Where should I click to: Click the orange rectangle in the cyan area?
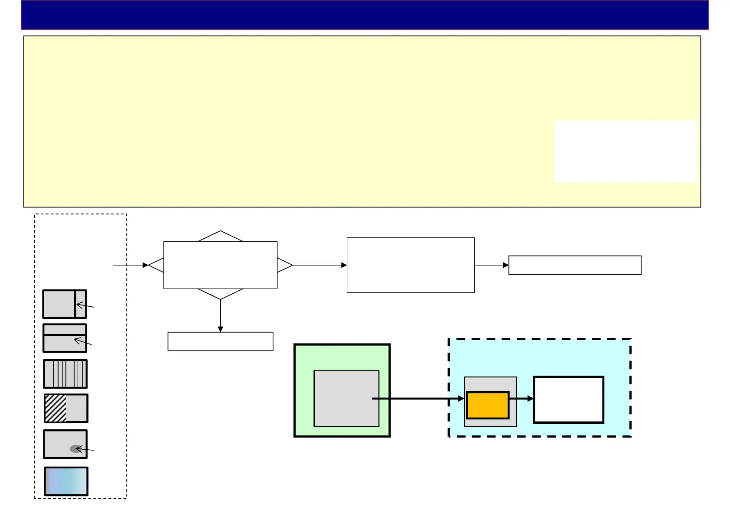[x=488, y=405]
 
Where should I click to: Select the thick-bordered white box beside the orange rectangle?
[x=568, y=399]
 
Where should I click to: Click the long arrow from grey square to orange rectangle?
[x=418, y=398]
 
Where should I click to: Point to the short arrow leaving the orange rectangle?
[x=521, y=398]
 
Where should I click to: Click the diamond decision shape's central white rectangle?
[x=220, y=265]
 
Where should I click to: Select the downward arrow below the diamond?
[x=220, y=316]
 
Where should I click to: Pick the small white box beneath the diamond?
[x=220, y=341]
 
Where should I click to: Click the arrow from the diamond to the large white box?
[x=320, y=265]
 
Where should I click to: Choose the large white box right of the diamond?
[x=411, y=265]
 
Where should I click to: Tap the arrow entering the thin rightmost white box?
[x=492, y=265]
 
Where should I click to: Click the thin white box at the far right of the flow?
[x=574, y=265]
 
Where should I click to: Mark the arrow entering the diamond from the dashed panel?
[x=130, y=265]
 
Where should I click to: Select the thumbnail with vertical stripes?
[x=65, y=374]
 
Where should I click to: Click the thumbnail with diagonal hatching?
[x=66, y=408]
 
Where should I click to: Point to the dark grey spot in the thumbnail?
[x=75, y=449]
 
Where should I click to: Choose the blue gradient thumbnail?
[x=66, y=481]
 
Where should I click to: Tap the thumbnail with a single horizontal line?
[x=65, y=338]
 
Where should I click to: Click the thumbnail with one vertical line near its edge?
[x=64, y=304]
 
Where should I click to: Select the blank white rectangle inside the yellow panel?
[x=625, y=152]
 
